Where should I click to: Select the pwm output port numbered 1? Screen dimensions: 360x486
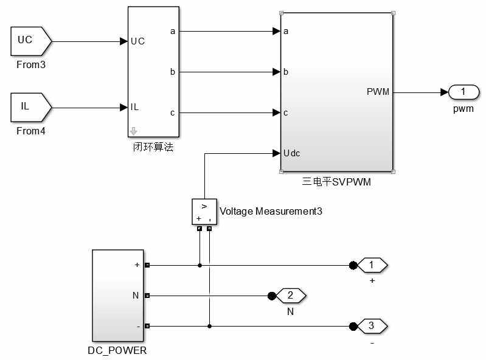click(463, 92)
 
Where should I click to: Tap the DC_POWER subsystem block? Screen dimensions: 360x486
click(119, 295)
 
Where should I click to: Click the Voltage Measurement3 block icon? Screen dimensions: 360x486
click(204, 212)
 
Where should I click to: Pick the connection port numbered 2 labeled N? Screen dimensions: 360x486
click(290, 296)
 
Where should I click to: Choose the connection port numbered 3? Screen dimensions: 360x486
click(371, 327)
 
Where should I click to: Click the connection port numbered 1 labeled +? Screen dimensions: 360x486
click(371, 266)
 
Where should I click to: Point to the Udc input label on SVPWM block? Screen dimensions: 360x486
click(292, 153)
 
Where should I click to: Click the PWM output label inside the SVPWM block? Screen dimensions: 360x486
click(378, 92)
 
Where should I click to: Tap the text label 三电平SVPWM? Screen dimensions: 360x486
click(336, 181)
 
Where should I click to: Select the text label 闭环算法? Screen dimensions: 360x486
click(153, 147)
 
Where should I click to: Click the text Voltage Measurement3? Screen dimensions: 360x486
click(271, 212)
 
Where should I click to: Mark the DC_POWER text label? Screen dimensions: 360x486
click(118, 351)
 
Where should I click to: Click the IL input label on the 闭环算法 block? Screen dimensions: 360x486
click(135, 107)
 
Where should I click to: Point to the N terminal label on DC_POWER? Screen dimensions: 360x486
click(136, 296)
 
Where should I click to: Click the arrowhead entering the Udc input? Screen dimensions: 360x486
click(276, 153)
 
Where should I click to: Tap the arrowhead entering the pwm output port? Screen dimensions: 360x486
click(444, 92)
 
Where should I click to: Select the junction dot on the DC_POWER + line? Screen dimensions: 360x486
click(200, 266)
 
